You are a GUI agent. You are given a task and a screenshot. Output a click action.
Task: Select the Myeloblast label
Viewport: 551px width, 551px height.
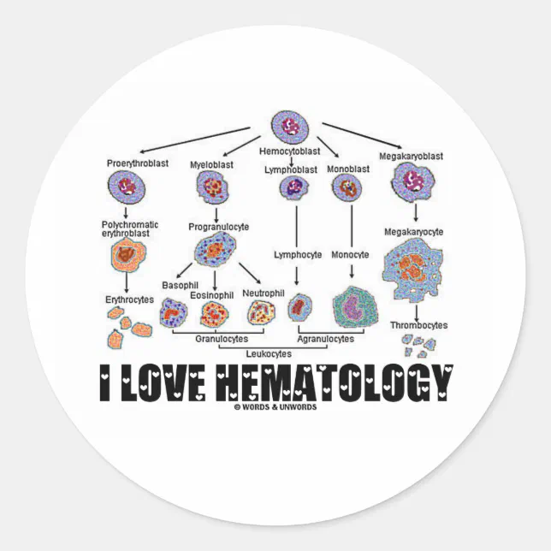coord(210,163)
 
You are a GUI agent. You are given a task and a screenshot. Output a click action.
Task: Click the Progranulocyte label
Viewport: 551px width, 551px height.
coord(219,227)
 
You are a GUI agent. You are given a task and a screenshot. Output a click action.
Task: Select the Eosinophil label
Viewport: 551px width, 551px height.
coord(212,295)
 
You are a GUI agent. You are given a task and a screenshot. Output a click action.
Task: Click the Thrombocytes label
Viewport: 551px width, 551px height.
coord(418,325)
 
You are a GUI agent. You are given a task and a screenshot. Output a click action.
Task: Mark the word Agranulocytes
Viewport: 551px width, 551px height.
coord(325,339)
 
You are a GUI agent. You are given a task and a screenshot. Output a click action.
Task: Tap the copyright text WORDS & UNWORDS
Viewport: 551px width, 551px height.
coord(277,407)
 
